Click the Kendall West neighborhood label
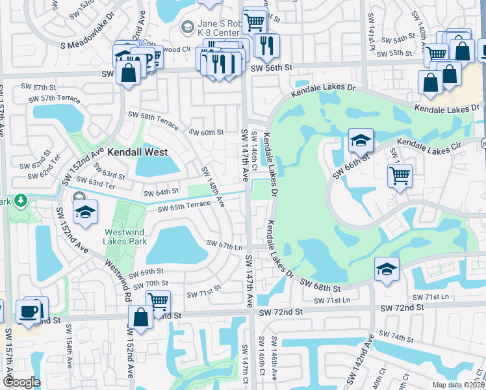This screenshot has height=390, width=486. (137, 152)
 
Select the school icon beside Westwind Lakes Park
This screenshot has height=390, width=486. (84, 212)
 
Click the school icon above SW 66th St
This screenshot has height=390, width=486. (360, 140)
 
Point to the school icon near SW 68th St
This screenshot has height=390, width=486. (386, 269)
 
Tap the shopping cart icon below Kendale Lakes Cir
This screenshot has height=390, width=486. (400, 175)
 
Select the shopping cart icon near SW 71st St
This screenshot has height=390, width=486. (158, 301)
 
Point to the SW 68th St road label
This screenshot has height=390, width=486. (320, 285)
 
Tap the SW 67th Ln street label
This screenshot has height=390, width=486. (224, 245)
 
